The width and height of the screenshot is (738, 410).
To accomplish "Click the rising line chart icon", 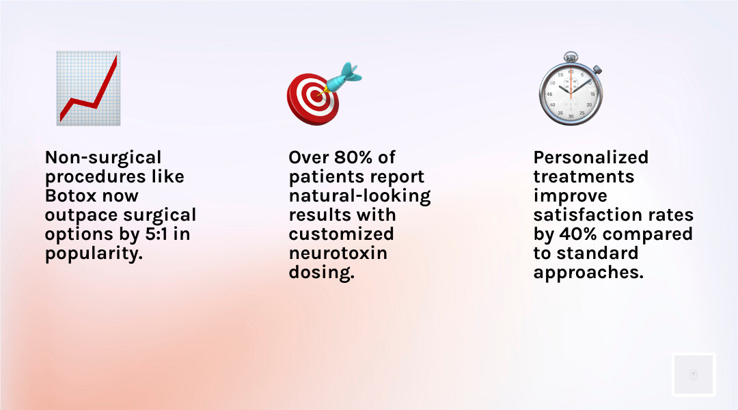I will [88, 88].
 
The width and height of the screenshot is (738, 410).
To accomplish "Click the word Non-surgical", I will [103, 157].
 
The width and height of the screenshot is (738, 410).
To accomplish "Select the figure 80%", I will [354, 157].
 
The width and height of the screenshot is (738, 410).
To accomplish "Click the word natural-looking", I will [359, 195].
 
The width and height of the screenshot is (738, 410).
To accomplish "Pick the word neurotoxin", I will [338, 253].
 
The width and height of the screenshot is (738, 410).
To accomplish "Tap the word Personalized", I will [590, 157].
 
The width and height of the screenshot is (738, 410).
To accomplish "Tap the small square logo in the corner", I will [693, 374].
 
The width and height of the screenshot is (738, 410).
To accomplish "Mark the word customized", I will [341, 234].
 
